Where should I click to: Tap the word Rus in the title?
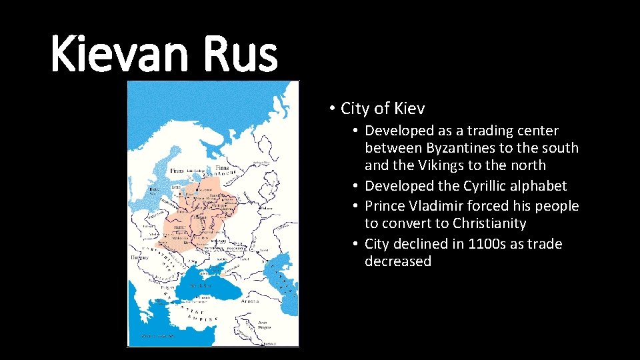pyautogui.click(x=241, y=55)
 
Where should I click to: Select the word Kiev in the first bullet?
pyautogui.click(x=409, y=108)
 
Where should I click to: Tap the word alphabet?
pyautogui.click(x=536, y=185)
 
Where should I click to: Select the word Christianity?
pyautogui.click(x=490, y=223)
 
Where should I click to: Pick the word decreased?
pyautogui.click(x=398, y=261)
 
